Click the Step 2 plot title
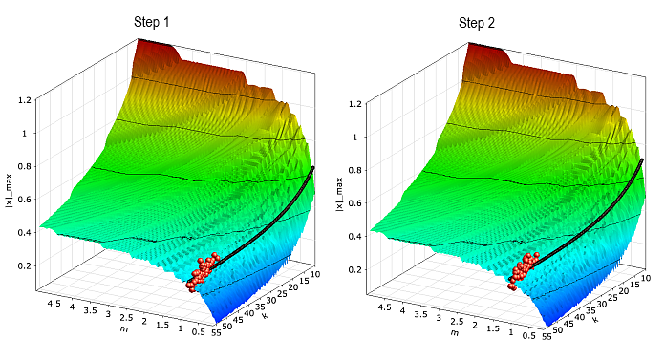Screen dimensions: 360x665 [x=477, y=22]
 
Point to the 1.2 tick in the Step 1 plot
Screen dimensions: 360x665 [x=25, y=99]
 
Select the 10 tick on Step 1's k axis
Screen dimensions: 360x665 [x=317, y=274]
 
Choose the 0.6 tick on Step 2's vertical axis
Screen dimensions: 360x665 [x=356, y=202]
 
